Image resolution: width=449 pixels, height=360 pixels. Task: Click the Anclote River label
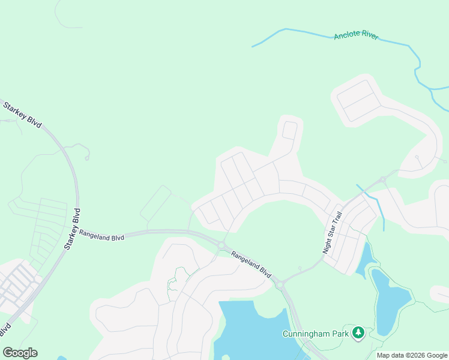[x=356, y=35]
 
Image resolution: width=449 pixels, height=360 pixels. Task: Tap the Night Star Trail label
[x=331, y=232]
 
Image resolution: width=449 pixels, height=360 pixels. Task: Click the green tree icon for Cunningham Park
[x=358, y=332]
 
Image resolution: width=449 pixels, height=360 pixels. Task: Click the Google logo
[x=20, y=352]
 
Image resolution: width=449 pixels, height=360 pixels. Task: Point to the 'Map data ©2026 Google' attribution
[x=412, y=355]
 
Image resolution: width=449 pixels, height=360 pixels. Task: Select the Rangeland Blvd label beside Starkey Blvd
[x=101, y=235]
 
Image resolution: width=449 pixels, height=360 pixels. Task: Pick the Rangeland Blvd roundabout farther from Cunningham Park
[x=221, y=244]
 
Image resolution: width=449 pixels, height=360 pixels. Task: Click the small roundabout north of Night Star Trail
[x=382, y=179]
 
